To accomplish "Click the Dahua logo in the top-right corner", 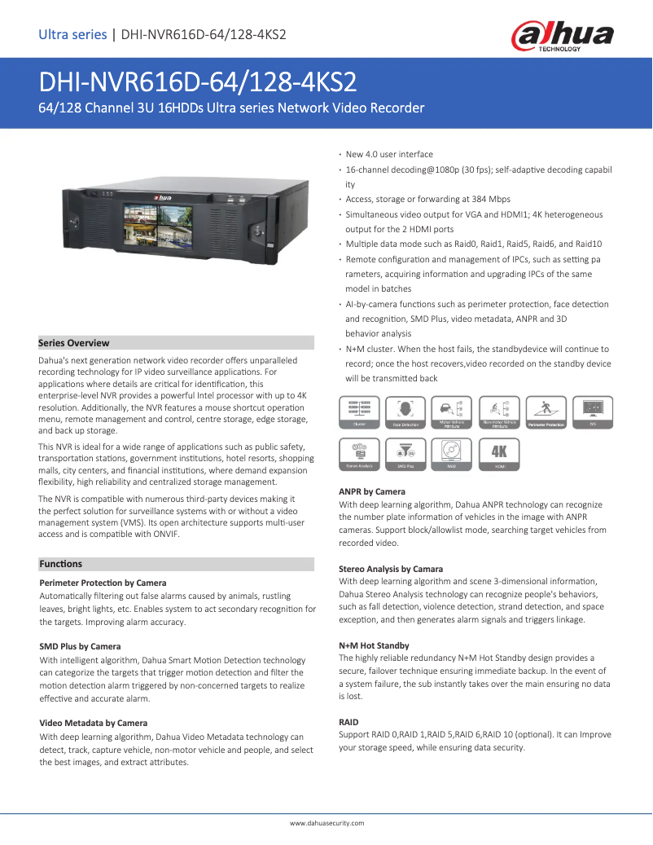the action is click(x=562, y=36).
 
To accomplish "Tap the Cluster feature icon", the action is click(x=359, y=412).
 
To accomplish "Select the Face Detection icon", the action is click(x=405, y=412).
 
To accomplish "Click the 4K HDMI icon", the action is click(x=499, y=454).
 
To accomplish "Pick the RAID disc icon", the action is click(x=452, y=454).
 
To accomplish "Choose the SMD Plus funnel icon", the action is click(x=405, y=454).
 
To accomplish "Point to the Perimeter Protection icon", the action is click(x=546, y=412).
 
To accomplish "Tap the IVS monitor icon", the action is click(x=593, y=412).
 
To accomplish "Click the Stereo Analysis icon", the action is click(x=359, y=454).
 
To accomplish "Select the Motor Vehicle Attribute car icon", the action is click(x=452, y=412).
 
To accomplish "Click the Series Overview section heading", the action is click(x=74, y=343).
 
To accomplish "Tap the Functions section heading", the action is click(x=61, y=564).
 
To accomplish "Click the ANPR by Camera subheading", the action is click(x=371, y=492).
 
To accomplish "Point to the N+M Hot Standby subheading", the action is click(x=374, y=645).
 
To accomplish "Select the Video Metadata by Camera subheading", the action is click(x=94, y=723).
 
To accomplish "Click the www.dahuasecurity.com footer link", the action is click(x=326, y=823).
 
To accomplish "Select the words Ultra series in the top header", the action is click(x=72, y=34).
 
